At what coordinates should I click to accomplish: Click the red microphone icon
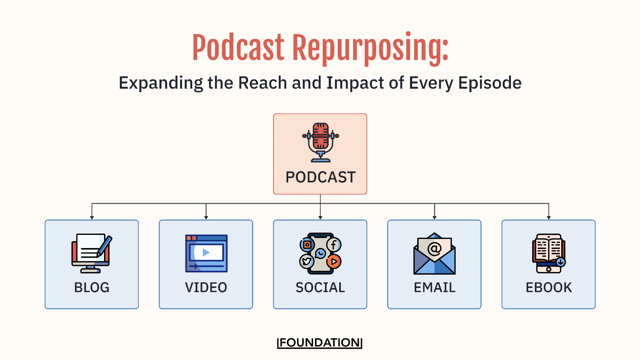[x=320, y=142]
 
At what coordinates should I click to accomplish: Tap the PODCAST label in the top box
[x=320, y=177]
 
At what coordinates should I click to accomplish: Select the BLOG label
[x=92, y=287]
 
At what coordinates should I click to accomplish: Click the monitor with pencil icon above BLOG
[x=92, y=253]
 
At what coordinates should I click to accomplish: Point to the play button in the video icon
[x=206, y=252]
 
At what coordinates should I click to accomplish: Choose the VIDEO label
[x=206, y=287]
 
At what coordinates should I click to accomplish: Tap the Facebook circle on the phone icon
[x=334, y=245]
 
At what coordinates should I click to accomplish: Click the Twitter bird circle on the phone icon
[x=307, y=261]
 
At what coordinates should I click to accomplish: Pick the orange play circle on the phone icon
[x=334, y=261]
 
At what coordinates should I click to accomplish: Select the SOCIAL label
[x=320, y=287]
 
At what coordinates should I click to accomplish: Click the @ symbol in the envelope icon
[x=434, y=248]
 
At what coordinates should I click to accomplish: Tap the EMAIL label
[x=434, y=287]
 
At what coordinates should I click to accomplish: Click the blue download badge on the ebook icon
[x=561, y=262]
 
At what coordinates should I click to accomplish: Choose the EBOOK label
[x=549, y=287]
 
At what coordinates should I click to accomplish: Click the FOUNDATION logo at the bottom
[x=320, y=343]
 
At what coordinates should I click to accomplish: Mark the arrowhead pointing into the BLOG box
[x=92, y=218]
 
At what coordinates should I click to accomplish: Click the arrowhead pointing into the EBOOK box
[x=549, y=218]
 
